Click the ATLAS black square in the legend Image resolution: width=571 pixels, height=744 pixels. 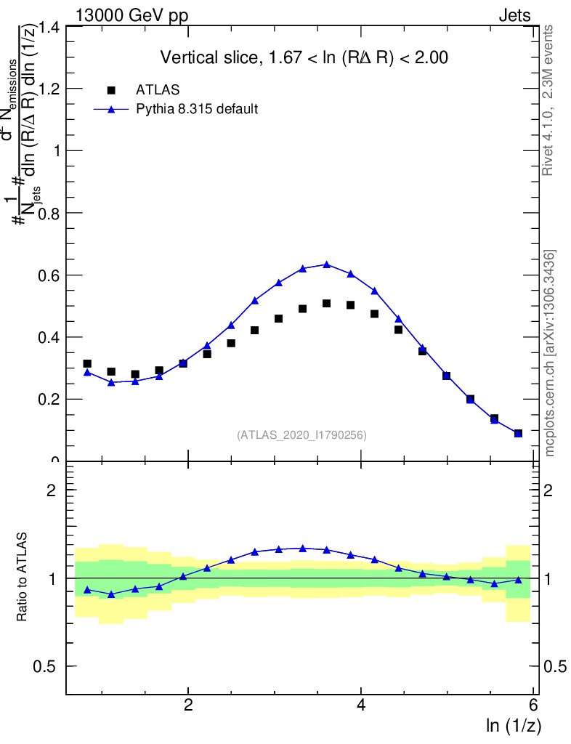click(x=111, y=90)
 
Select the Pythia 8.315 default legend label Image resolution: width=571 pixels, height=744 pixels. click(x=197, y=110)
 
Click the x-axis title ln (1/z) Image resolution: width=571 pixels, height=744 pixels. click(x=513, y=726)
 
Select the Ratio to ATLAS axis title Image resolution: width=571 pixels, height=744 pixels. click(x=23, y=578)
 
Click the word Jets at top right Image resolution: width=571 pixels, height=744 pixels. click(x=514, y=16)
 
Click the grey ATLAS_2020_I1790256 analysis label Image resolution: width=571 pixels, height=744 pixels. click(x=301, y=435)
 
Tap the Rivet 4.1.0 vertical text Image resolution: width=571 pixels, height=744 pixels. click(x=549, y=100)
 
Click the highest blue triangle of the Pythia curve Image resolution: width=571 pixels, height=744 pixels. click(x=326, y=264)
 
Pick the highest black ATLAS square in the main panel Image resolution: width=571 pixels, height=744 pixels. click(x=326, y=303)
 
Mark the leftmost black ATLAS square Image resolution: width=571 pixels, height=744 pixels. click(x=87, y=363)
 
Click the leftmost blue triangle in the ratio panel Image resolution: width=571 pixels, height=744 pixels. click(x=87, y=590)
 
